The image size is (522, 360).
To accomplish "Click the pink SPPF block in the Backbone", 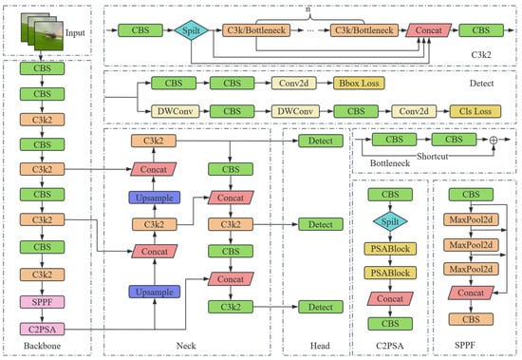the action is (42, 302).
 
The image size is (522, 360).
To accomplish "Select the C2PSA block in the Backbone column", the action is (42, 330).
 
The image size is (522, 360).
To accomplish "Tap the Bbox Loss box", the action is (359, 84).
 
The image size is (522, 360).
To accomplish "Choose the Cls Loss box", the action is (475, 111).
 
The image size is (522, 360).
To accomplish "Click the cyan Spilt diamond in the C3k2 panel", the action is (191, 30).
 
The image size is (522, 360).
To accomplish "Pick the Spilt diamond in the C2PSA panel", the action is (390, 221).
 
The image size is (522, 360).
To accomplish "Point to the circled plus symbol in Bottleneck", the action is (494, 140).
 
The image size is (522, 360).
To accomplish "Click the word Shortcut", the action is (432, 156).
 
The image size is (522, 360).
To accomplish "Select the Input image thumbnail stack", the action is (42, 31).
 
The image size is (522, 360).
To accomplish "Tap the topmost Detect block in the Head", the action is (321, 141).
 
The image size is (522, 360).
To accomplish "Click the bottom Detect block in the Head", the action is (321, 307).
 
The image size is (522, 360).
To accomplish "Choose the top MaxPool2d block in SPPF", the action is (471, 219).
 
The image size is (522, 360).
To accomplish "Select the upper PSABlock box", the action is (390, 249).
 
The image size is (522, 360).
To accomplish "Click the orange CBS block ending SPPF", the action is (471, 319).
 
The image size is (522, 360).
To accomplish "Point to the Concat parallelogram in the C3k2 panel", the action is (428, 30).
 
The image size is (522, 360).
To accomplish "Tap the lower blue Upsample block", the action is (155, 292).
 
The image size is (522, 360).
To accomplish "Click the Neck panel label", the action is (186, 346).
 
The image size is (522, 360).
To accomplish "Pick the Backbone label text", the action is (42, 346).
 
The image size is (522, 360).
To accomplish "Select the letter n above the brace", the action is (308, 9).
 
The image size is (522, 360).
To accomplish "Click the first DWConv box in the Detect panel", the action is (176, 111).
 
